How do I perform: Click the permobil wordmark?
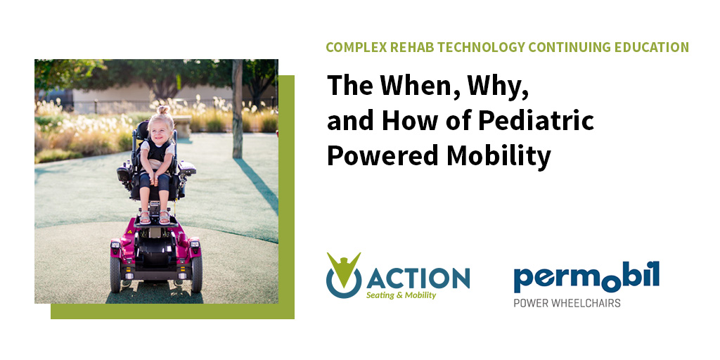pyautogui.click(x=586, y=276)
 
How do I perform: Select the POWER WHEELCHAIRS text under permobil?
pyautogui.click(x=567, y=303)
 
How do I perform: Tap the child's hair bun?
pyautogui.click(x=163, y=111)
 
